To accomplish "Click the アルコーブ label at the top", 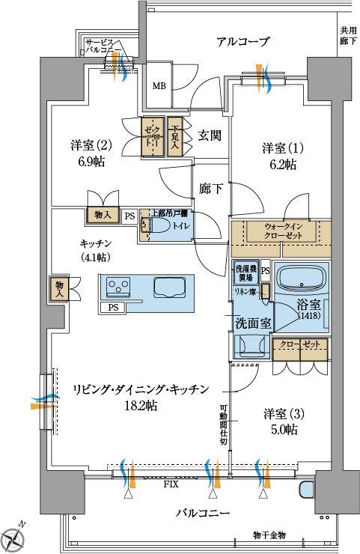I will click(x=242, y=42).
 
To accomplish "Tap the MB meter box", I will click(x=159, y=85).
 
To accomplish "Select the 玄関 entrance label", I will click(x=210, y=136).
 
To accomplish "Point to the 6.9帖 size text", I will click(x=91, y=161).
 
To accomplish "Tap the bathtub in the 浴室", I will click(x=301, y=279).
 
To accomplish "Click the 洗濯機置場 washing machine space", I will click(x=245, y=272).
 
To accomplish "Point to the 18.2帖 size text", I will click(x=140, y=405).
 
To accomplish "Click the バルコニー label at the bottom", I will click(x=203, y=513).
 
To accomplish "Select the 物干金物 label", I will click(x=269, y=535).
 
